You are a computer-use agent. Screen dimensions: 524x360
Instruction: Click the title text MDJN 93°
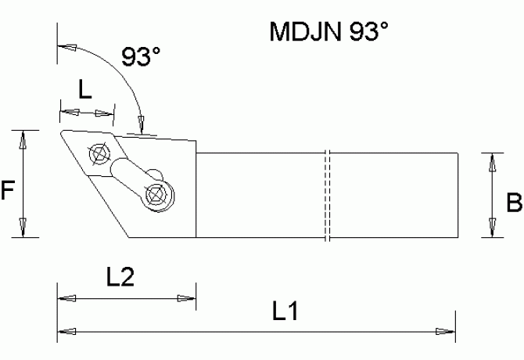pos(328,31)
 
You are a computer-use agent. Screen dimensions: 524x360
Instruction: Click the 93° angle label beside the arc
pos(141,56)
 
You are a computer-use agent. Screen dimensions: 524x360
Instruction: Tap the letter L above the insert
pos(85,89)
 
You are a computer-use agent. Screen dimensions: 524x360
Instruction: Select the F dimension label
pos(7,189)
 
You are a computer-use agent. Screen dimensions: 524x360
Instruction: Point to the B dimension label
pos(514,202)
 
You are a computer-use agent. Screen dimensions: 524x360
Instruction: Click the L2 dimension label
pos(120,277)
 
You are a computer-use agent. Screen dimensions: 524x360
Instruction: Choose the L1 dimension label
pos(285,311)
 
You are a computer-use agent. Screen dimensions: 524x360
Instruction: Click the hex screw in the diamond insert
pos(99,153)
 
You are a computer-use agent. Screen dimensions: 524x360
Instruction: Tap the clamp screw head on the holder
pos(156,196)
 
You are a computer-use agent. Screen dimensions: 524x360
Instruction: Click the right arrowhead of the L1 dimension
pos(446,332)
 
